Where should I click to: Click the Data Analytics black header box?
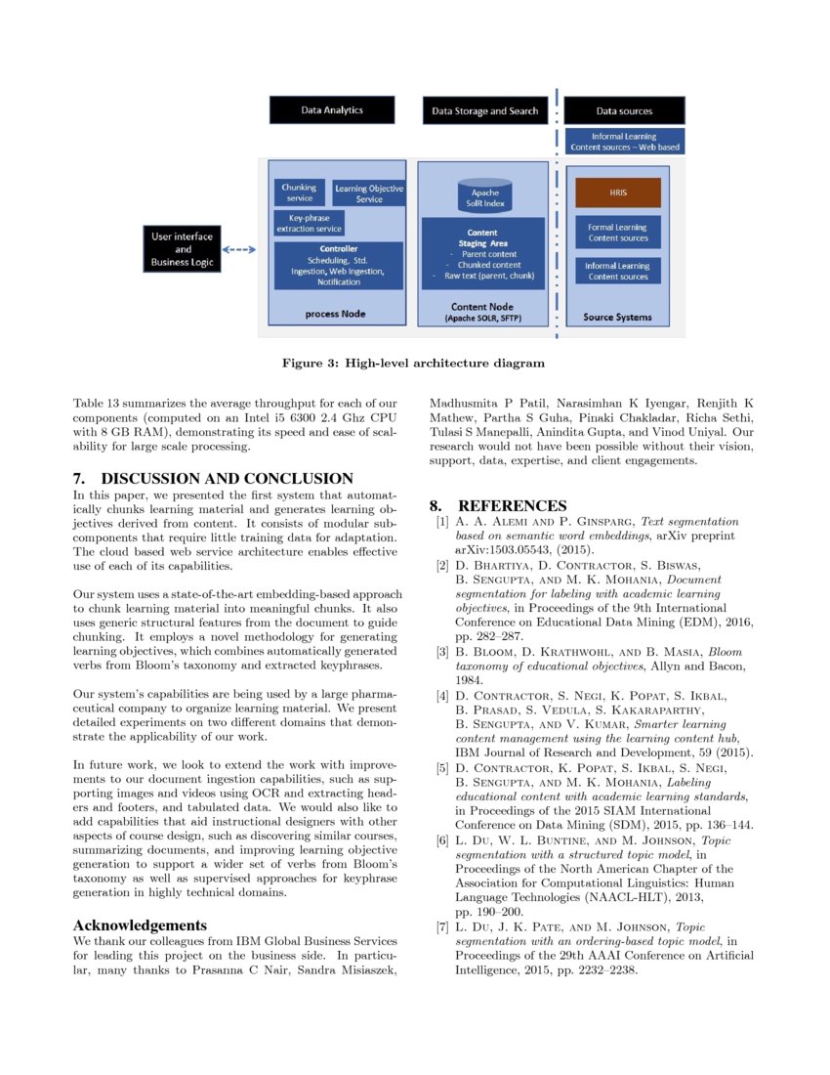coord(332,110)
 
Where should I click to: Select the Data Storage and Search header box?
coord(485,110)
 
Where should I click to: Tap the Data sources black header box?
coord(624,110)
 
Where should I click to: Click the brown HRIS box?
coord(617,193)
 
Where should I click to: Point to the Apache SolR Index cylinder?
coord(484,196)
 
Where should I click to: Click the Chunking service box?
coord(300,192)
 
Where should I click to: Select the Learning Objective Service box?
coord(369,193)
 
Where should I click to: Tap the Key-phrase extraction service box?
coord(310,224)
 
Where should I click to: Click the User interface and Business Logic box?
coord(183,249)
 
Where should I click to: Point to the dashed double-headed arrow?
coord(240,250)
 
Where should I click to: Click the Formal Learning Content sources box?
coord(617,233)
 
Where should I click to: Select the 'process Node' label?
coord(334,315)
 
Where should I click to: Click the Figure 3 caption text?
coord(413,364)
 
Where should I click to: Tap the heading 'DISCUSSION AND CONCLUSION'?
coord(227,479)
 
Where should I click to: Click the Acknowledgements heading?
coord(141,924)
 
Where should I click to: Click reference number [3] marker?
coord(442,652)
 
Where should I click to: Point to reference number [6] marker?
coord(442,840)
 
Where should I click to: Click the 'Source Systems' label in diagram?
coord(617,318)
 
